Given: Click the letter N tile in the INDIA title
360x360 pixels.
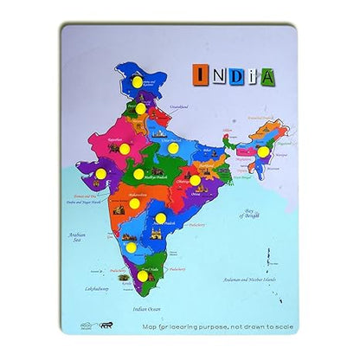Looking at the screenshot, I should (x=218, y=75).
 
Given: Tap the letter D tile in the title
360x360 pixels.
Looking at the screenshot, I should (x=236, y=75).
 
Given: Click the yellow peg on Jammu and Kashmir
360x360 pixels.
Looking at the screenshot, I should (x=138, y=82).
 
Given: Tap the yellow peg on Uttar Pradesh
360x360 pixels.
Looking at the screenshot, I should (x=172, y=149).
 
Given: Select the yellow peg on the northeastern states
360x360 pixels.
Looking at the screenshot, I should (x=262, y=151).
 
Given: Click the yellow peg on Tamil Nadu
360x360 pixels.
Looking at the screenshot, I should (x=144, y=276).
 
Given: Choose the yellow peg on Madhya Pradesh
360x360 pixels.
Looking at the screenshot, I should (x=138, y=174).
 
